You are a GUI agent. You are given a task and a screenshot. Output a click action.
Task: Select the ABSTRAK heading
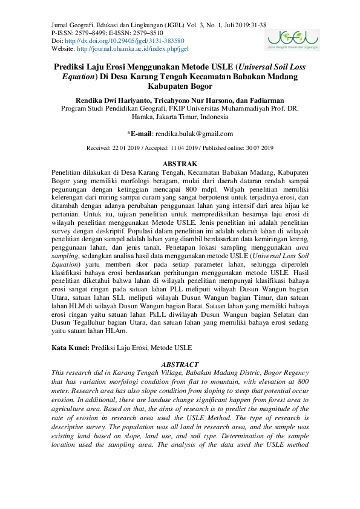[x=180, y=164]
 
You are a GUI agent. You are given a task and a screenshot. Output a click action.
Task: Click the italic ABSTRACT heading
[x=180, y=365]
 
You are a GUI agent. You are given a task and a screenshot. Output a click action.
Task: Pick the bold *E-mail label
[x=140, y=134]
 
